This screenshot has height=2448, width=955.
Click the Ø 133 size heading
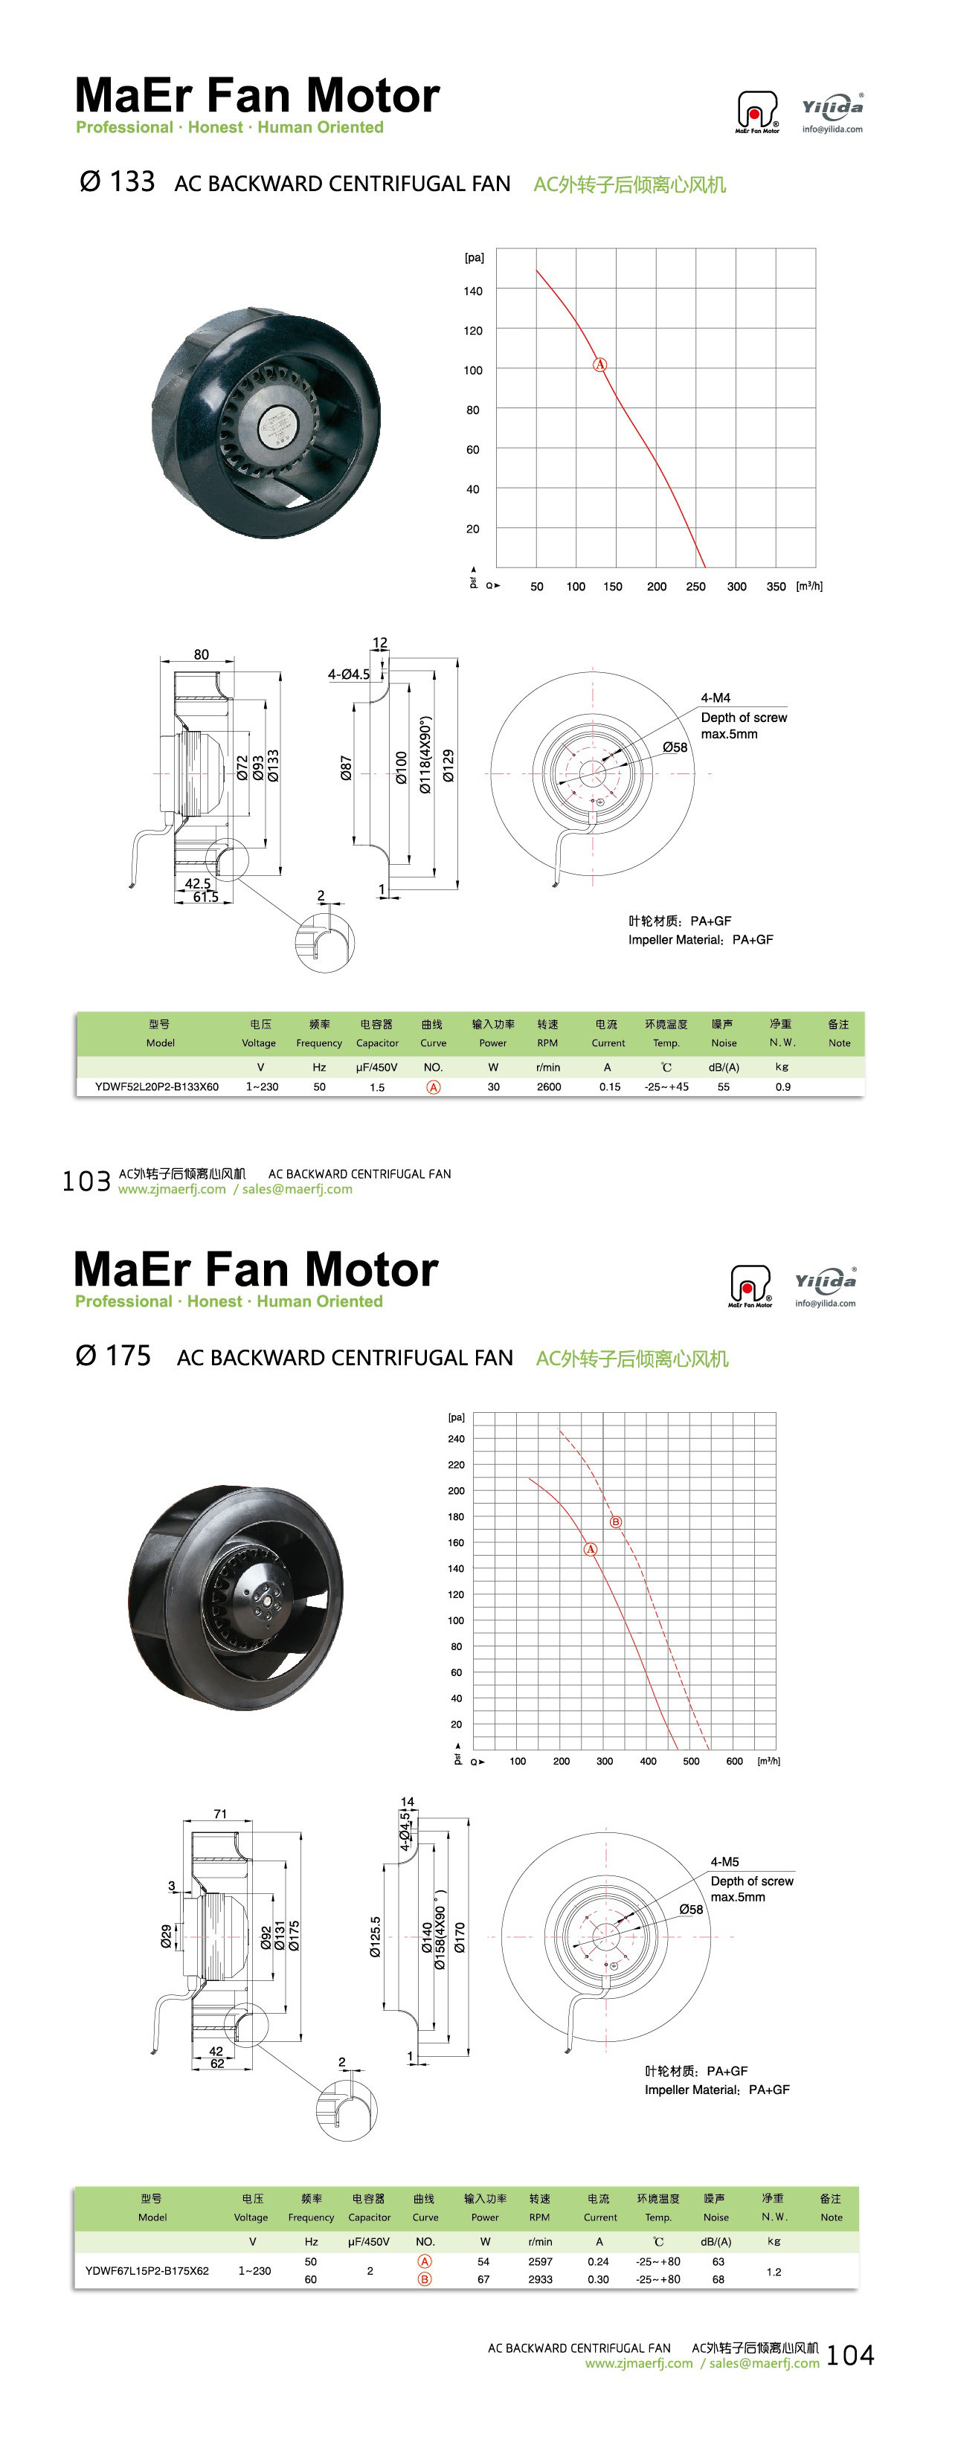click(117, 181)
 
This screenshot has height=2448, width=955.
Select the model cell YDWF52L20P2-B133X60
click(157, 1086)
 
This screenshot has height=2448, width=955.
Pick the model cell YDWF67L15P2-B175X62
click(147, 2270)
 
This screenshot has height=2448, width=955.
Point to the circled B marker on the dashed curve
click(616, 1521)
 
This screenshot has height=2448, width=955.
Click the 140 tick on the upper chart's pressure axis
click(472, 291)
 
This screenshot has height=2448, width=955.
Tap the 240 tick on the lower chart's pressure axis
click(456, 1439)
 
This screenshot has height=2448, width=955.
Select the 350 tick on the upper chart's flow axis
click(776, 586)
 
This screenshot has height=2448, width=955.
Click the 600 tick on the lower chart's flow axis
click(735, 1761)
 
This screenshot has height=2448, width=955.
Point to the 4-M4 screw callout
click(716, 698)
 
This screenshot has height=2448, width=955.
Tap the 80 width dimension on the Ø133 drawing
click(202, 654)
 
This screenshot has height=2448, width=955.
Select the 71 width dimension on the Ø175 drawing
click(220, 1813)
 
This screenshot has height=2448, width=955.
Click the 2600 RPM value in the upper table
click(548, 1086)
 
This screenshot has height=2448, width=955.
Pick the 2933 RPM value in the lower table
click(540, 2279)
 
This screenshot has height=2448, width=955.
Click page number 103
click(86, 1180)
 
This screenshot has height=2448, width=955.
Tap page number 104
click(850, 2354)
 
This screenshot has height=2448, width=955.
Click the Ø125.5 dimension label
click(376, 1936)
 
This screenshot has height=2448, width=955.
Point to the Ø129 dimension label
click(448, 766)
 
